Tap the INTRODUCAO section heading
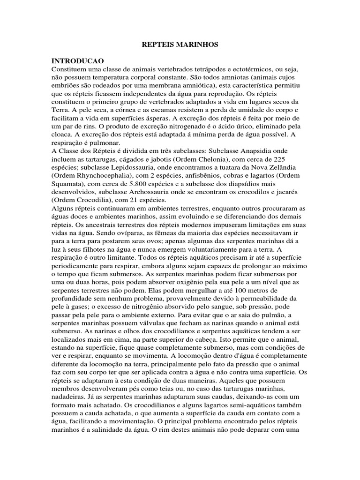78,61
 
